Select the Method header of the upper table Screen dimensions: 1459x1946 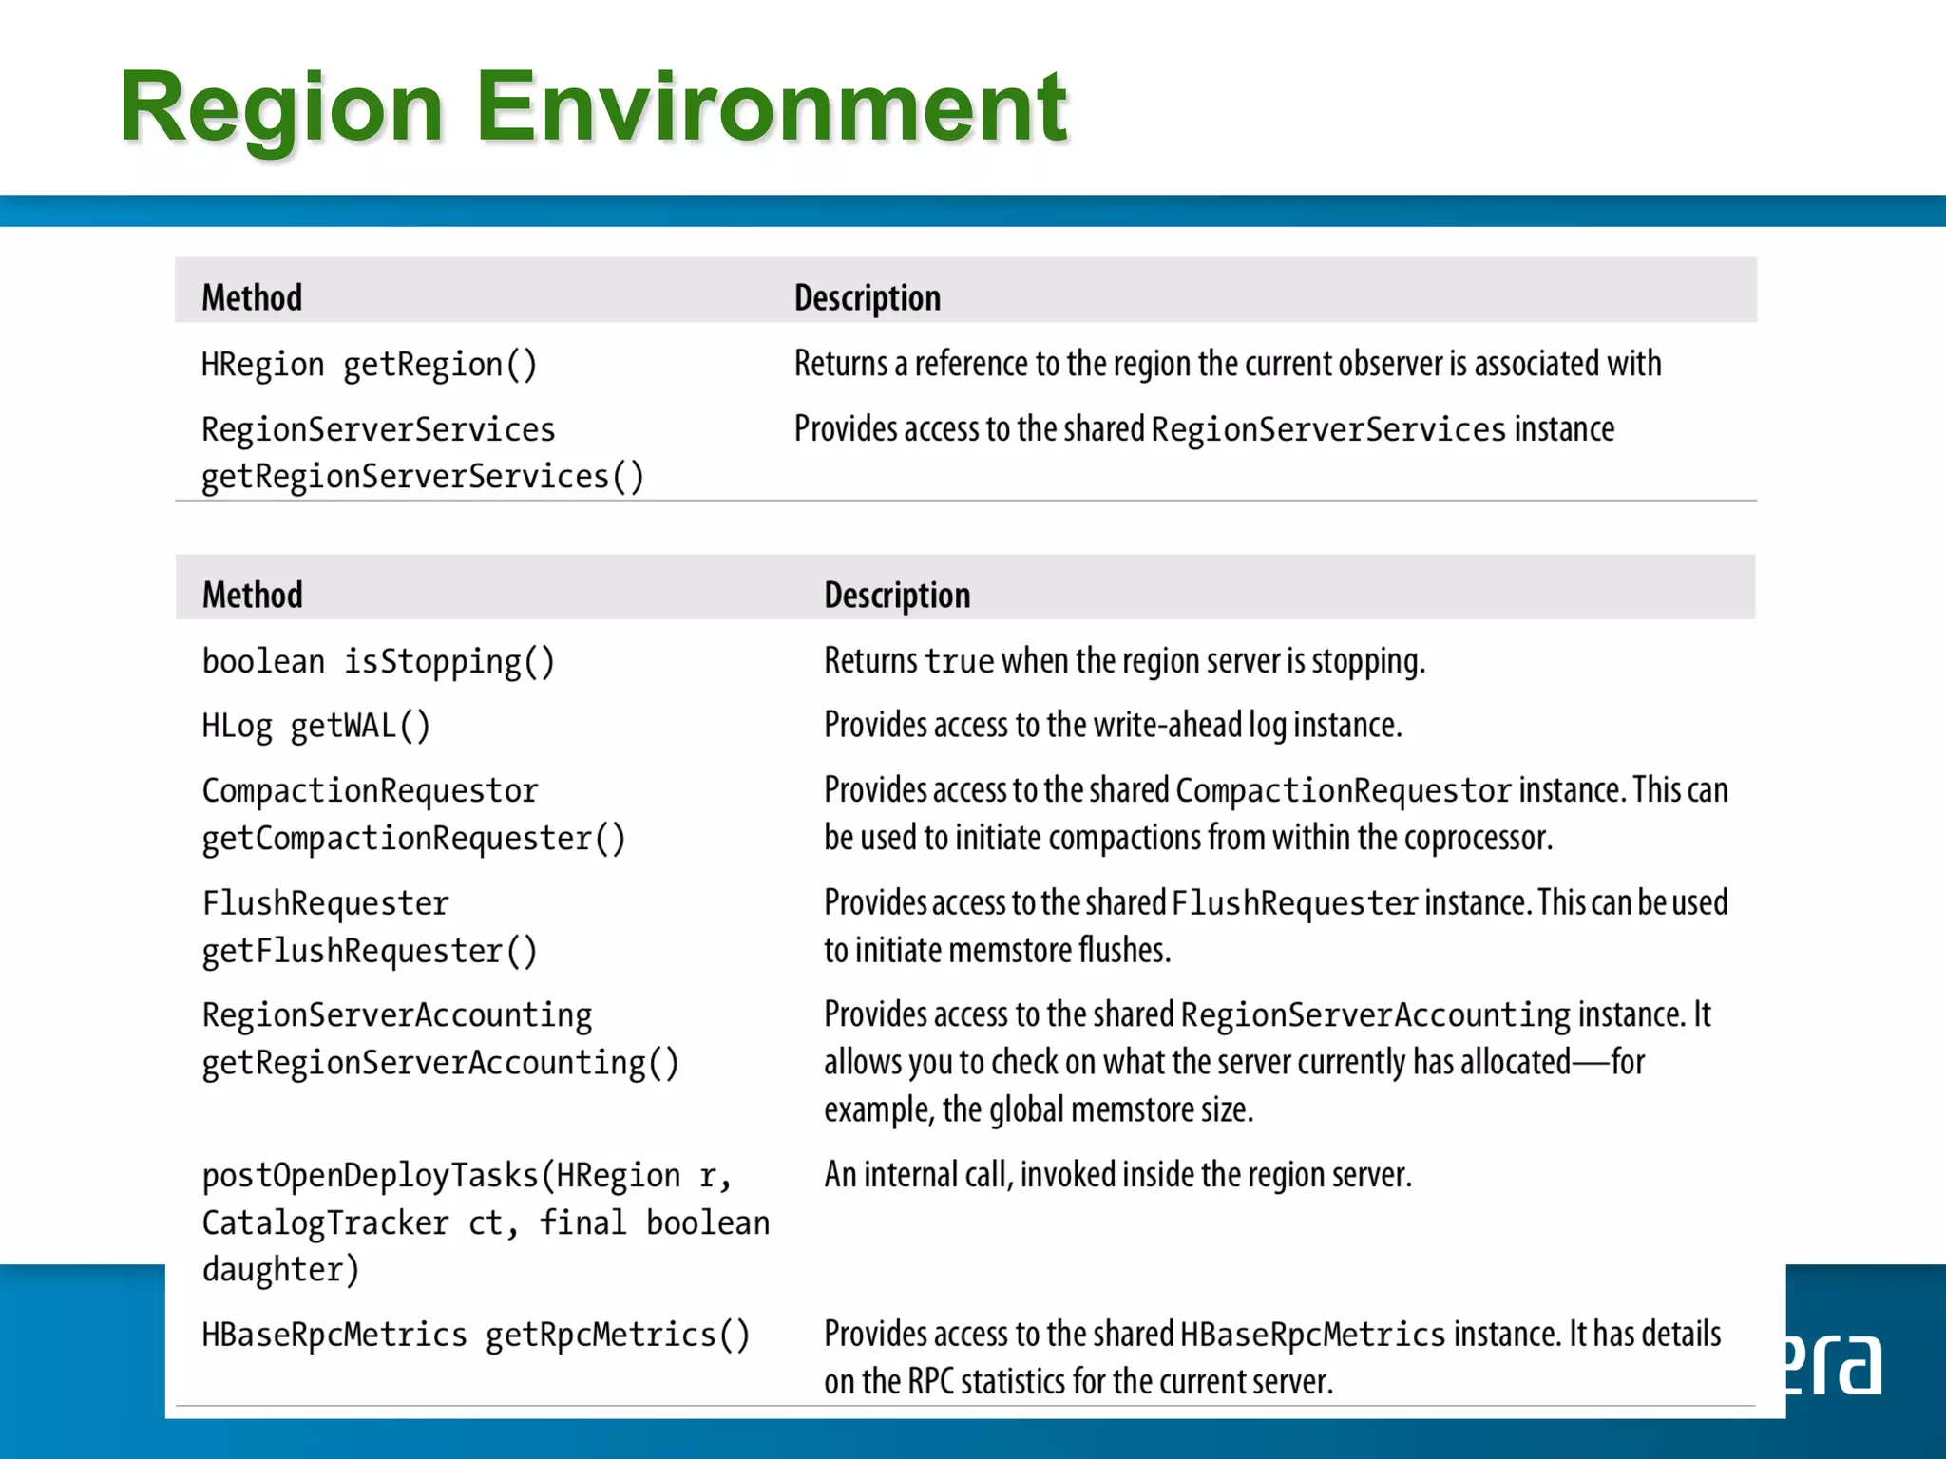252,297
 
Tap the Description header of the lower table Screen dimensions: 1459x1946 897,595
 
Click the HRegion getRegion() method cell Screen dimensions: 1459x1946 369,364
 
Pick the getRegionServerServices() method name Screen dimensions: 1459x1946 422,476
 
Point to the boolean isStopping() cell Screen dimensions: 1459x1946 378,661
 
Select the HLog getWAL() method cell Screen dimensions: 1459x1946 315,726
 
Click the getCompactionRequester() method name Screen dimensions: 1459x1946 413,838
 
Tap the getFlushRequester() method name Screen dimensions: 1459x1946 370,950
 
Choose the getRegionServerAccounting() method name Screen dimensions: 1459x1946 440,1062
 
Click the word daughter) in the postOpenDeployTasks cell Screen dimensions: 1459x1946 280,1269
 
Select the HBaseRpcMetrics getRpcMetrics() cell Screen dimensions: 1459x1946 476,1335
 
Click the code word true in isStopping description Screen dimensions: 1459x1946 959,661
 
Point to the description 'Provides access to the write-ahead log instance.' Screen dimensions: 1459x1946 1113,726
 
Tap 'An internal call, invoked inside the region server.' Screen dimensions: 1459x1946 1117,1175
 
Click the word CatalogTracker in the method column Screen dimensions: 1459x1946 325,1222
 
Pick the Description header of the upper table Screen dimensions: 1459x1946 868,297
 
